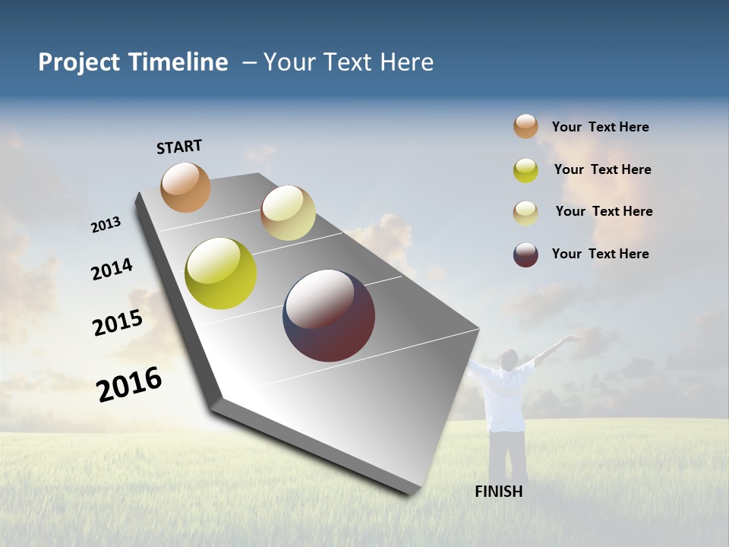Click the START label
pyautogui.click(x=179, y=147)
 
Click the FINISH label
pyautogui.click(x=498, y=492)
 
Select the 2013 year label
pyautogui.click(x=106, y=225)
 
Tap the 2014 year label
pyautogui.click(x=112, y=269)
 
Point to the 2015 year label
pyautogui.click(x=118, y=323)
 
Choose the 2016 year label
pyautogui.click(x=129, y=384)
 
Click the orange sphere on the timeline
pyautogui.click(x=185, y=187)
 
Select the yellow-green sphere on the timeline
pyautogui.click(x=220, y=273)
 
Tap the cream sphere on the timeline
pyautogui.click(x=288, y=213)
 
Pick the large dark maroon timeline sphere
pyautogui.click(x=329, y=315)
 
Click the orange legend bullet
pyautogui.click(x=525, y=126)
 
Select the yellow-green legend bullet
pyautogui.click(x=525, y=169)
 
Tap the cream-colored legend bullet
pyautogui.click(x=525, y=212)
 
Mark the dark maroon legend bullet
pyautogui.click(x=525, y=255)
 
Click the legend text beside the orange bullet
pyautogui.click(x=600, y=127)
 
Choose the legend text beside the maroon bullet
pyautogui.click(x=600, y=254)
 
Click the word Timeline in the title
pyautogui.click(x=179, y=62)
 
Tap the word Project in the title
pyautogui.click(x=79, y=62)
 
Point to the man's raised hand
pyautogui.click(x=571, y=339)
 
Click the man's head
pyautogui.click(x=510, y=358)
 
